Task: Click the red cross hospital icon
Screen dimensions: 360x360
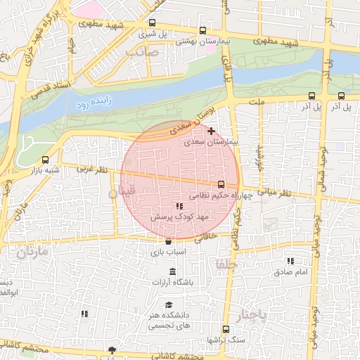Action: click(x=211, y=131)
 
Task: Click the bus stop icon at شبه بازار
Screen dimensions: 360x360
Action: click(x=46, y=160)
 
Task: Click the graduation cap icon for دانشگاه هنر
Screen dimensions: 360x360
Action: click(x=169, y=304)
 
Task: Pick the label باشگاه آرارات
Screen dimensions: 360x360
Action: click(x=172, y=282)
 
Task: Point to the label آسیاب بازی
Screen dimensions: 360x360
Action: click(x=167, y=251)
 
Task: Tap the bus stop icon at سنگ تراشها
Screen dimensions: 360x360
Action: click(x=225, y=329)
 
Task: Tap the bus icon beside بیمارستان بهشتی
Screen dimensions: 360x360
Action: click(x=203, y=30)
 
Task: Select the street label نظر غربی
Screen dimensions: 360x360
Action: click(x=92, y=169)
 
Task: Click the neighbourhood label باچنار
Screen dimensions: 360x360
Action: click(x=252, y=314)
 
